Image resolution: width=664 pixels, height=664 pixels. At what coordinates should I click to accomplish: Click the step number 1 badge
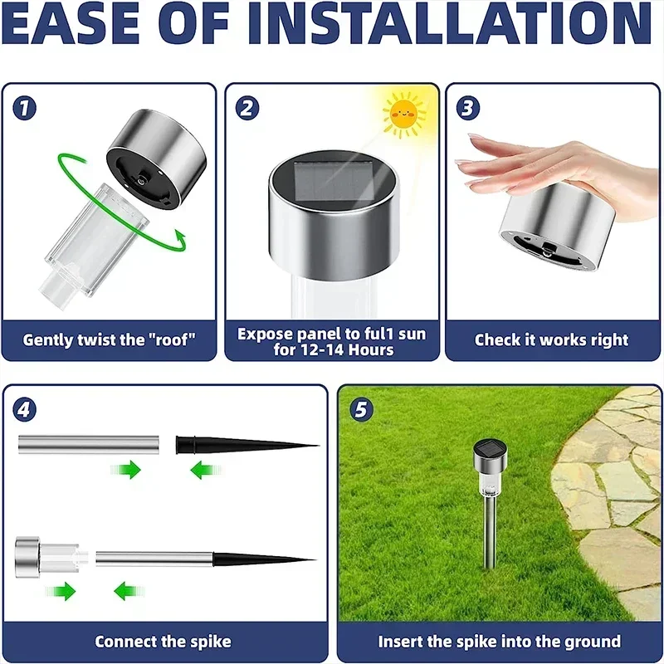[x=25, y=107]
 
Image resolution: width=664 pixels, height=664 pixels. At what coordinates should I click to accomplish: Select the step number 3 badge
[x=468, y=107]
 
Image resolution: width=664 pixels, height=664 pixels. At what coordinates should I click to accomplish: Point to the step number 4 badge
[x=25, y=409]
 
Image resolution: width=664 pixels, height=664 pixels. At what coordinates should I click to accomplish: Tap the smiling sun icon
[x=404, y=115]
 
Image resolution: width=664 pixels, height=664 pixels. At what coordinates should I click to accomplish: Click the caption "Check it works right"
[x=551, y=339]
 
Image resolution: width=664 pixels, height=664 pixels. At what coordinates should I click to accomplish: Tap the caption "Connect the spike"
[x=163, y=642]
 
